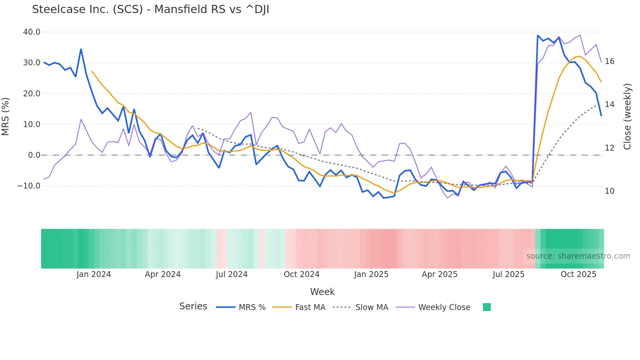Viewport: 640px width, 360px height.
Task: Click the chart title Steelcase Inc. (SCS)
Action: click(151, 9)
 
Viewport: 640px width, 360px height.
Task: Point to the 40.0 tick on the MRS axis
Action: click(32, 32)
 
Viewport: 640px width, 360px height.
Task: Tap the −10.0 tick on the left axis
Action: click(29, 186)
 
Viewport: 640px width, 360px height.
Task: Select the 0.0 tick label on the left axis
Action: click(34, 155)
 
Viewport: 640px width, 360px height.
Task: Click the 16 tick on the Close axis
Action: click(609, 61)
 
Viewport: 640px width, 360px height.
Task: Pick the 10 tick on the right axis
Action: click(609, 191)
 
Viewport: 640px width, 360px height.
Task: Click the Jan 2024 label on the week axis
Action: click(94, 274)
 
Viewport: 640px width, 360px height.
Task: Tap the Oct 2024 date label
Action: click(301, 274)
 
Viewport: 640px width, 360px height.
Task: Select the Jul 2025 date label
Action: click(508, 274)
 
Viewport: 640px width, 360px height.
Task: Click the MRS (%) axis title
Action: click(6, 117)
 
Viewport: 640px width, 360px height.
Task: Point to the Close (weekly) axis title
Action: click(627, 117)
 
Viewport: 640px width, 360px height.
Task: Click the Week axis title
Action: click(322, 292)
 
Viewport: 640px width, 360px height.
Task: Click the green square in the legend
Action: click(487, 307)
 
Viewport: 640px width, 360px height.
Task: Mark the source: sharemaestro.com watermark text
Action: click(578, 256)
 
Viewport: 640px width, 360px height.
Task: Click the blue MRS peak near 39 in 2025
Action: click(538, 35)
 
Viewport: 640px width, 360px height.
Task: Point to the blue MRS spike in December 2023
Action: click(81, 50)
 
